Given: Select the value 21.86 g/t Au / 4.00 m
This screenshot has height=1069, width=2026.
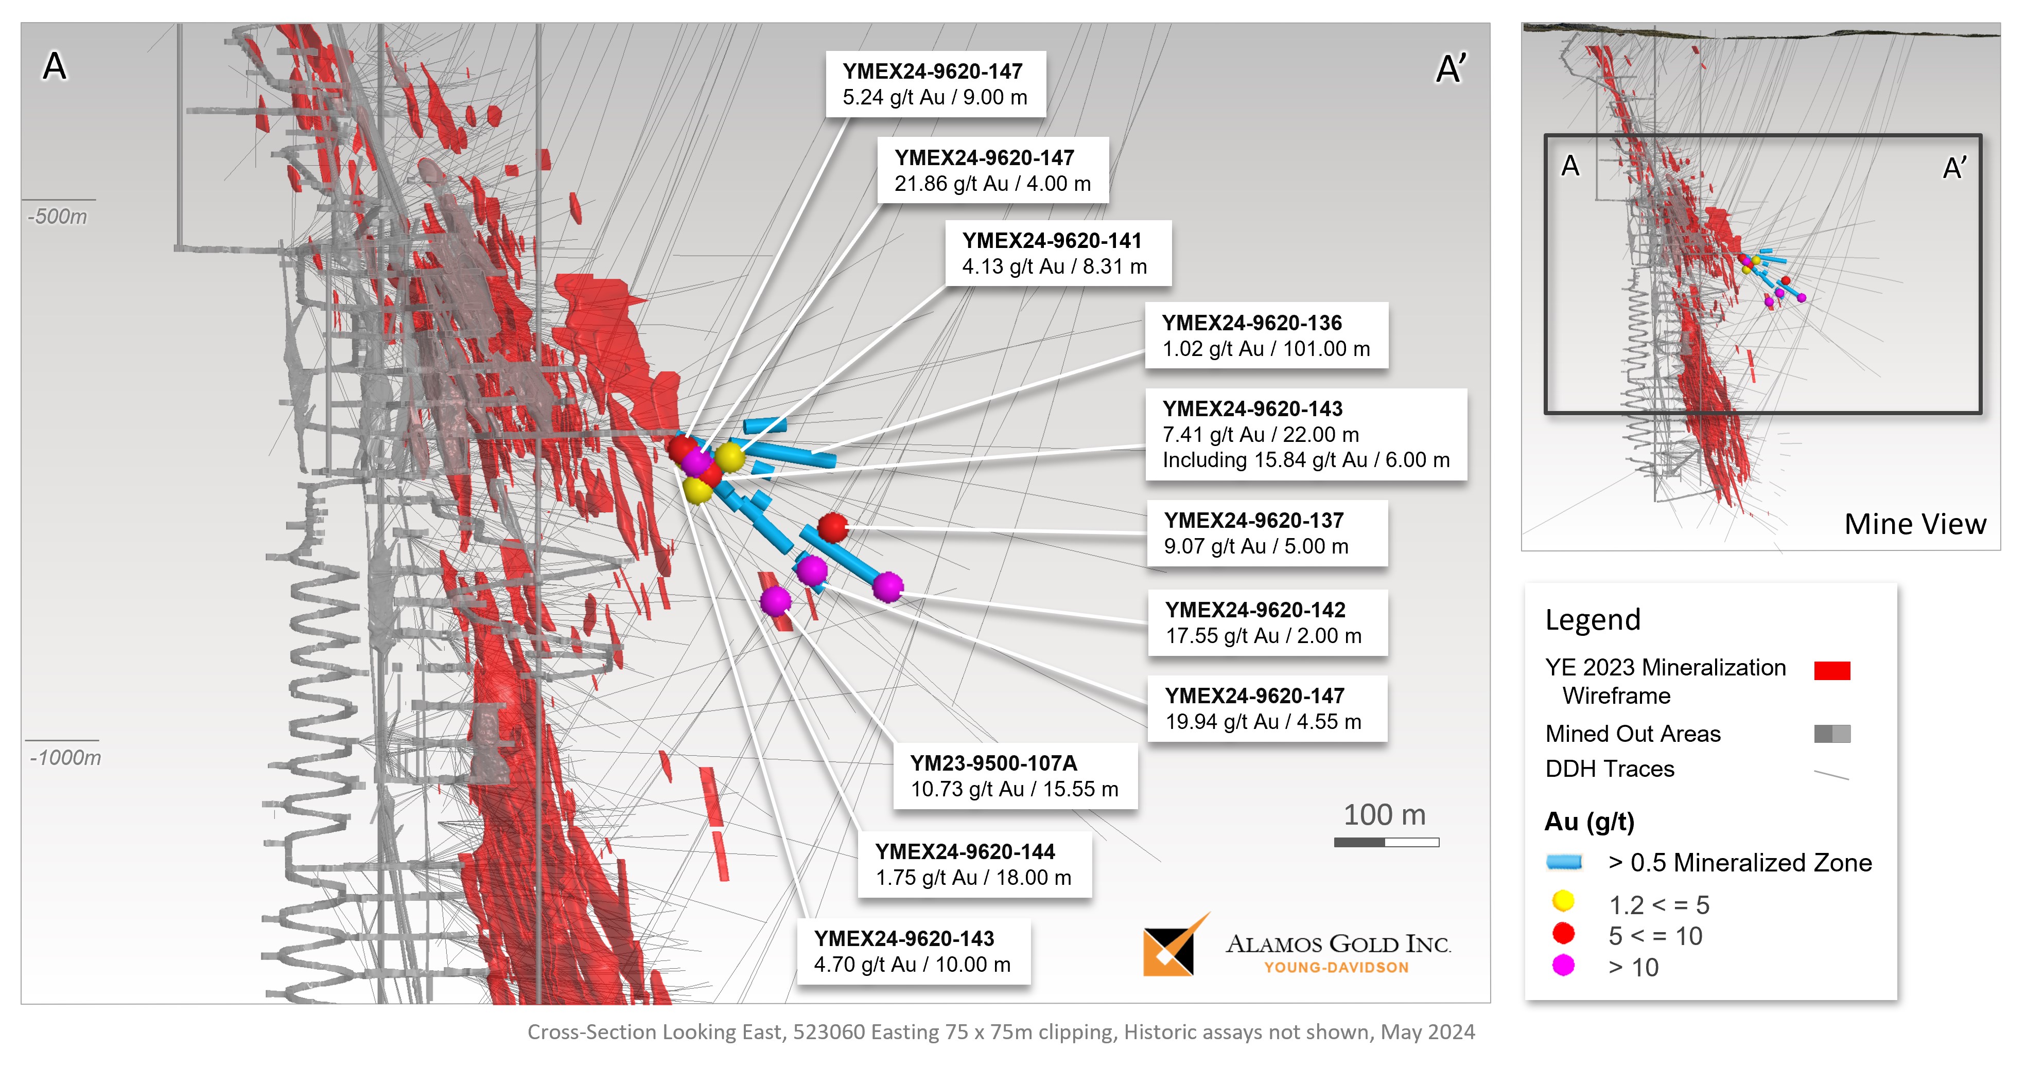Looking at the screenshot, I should [x=992, y=184].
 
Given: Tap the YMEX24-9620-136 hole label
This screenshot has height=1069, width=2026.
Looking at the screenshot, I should [x=1251, y=323].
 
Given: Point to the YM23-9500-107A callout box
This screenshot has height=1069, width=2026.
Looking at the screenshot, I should [x=1015, y=776].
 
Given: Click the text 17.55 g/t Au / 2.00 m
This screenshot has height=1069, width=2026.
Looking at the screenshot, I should [x=1263, y=636].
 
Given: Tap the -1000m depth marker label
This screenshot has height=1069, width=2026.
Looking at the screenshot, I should [x=65, y=758].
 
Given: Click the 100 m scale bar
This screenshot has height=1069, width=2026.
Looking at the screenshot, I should [x=1386, y=842].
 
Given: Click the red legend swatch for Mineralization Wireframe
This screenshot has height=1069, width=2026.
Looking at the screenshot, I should [x=1832, y=670].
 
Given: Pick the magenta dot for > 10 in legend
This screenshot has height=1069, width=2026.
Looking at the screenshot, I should [x=1563, y=965].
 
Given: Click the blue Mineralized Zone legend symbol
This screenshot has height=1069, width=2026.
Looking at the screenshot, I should [x=1564, y=862].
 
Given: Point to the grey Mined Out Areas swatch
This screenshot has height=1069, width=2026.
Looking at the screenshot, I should [x=1832, y=734].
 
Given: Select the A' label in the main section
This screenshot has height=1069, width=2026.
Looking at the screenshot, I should [x=1451, y=69].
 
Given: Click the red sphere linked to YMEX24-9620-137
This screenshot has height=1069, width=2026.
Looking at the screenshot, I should [x=832, y=527].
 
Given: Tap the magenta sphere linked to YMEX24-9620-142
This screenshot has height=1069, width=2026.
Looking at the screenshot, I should [x=887, y=586].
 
